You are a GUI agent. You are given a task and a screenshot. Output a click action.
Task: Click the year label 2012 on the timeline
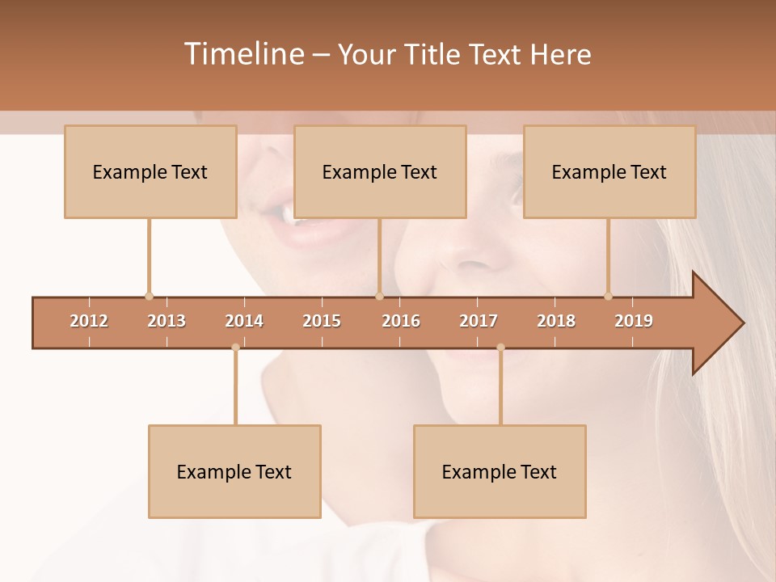click(x=89, y=321)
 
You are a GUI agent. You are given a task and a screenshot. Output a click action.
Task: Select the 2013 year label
click(x=167, y=321)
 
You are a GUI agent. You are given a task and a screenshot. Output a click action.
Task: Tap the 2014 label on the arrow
click(x=244, y=321)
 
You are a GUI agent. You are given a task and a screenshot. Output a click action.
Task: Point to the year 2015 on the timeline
click(x=322, y=321)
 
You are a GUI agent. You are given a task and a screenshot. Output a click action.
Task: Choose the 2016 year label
click(x=401, y=321)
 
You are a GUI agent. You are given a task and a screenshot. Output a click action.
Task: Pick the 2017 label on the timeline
click(x=479, y=321)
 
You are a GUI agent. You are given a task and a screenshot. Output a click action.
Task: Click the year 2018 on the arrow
click(x=556, y=321)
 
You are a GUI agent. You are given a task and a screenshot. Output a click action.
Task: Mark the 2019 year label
click(x=634, y=321)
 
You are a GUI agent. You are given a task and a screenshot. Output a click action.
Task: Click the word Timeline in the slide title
click(x=242, y=54)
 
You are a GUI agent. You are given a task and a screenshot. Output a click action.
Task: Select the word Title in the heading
click(x=434, y=54)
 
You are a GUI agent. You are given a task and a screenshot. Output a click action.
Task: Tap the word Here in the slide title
click(x=560, y=54)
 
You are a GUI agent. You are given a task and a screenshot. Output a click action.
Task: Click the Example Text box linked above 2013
click(x=150, y=171)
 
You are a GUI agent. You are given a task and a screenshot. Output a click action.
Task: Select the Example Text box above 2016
click(x=380, y=171)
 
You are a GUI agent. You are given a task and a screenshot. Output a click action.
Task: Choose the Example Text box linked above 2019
click(x=609, y=171)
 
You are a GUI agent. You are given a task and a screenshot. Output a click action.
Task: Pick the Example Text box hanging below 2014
click(x=234, y=471)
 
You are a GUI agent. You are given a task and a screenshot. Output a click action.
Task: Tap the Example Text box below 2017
click(x=500, y=471)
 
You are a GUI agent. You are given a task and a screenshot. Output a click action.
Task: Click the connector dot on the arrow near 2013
click(x=149, y=296)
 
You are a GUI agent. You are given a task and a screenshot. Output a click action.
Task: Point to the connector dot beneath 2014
click(x=235, y=348)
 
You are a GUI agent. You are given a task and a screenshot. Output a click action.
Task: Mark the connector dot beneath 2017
click(x=500, y=348)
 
